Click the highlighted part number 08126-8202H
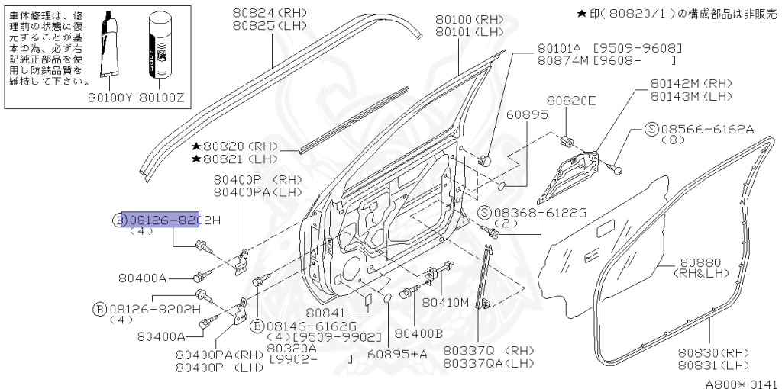tap(160, 220)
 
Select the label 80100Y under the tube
tap(110, 98)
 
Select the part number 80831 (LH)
tap(710, 365)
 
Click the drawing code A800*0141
tap(740, 384)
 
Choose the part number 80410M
tap(445, 301)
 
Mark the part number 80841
tap(326, 312)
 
